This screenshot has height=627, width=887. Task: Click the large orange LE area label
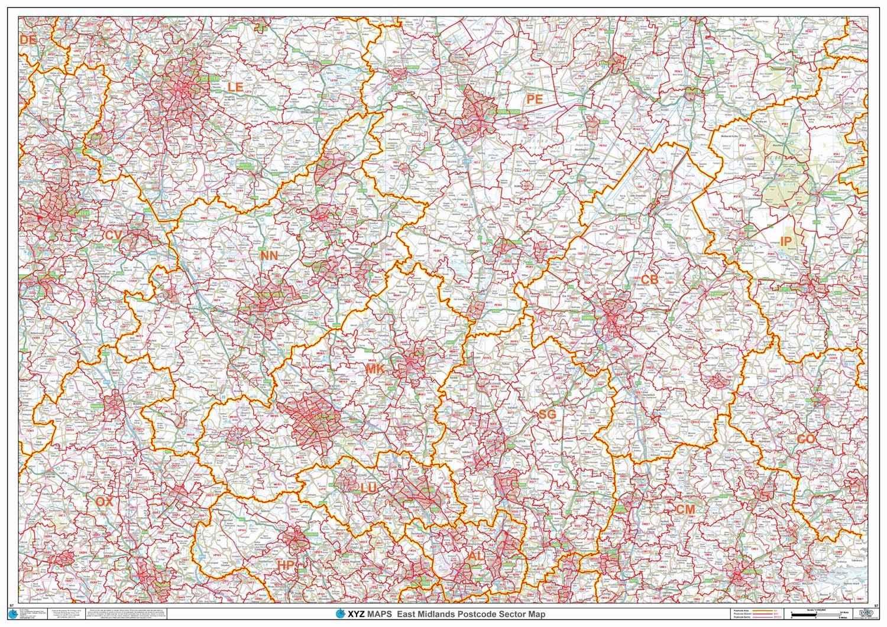coord(235,87)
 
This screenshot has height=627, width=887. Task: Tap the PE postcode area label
coord(534,99)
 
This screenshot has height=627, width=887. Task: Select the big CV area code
coord(113,235)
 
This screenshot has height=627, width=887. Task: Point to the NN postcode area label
coord(268,255)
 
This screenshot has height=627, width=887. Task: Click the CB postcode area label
coord(649,280)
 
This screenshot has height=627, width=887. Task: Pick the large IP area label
coord(785,241)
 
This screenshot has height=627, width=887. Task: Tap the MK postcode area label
coord(374,369)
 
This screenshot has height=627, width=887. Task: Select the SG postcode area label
coord(547,414)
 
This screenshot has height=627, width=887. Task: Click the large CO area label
coord(805,439)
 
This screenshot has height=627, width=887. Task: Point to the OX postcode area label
coord(103,502)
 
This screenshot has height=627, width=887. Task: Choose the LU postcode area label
coord(368,488)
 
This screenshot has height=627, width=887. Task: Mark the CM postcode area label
coord(685,509)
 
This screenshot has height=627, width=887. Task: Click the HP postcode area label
coord(286,566)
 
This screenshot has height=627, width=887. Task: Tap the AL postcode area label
coord(475,556)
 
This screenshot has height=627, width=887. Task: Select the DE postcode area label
coord(28,40)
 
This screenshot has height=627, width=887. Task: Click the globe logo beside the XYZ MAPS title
coord(340,614)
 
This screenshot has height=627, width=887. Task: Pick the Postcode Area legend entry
coord(746,609)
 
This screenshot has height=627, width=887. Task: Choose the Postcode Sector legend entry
coord(746,617)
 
